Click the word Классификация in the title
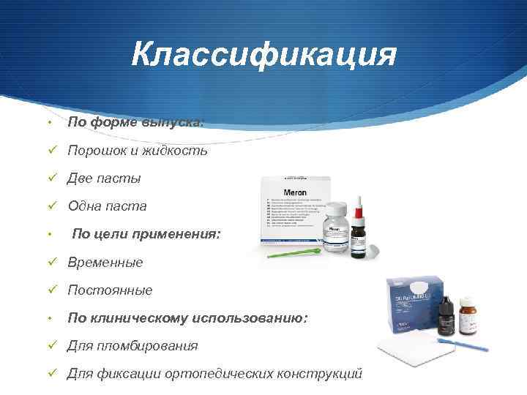coord(264,54)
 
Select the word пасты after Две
coord(119,178)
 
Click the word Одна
coord(86,206)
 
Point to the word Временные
coord(105,262)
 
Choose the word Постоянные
coord(110,290)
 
